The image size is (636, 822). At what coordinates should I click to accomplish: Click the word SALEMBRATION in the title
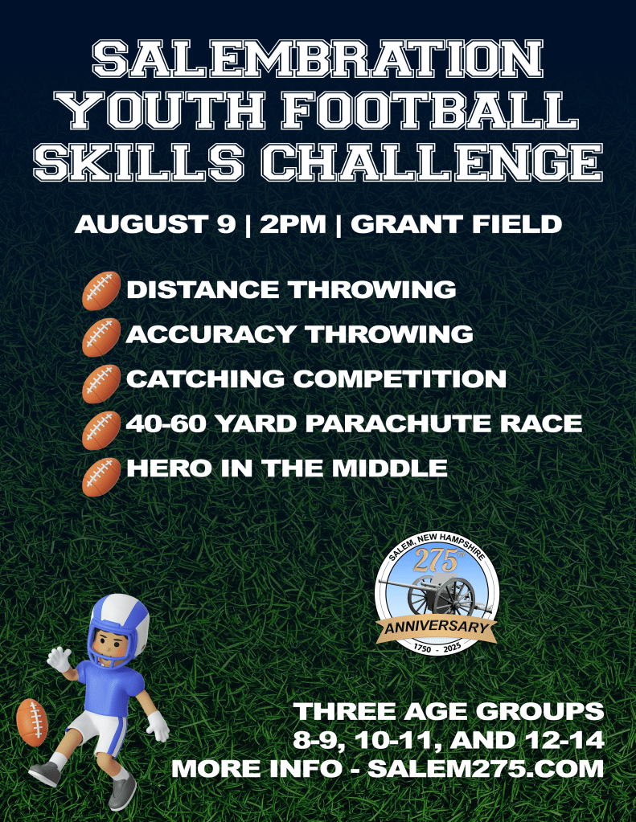(x=318, y=59)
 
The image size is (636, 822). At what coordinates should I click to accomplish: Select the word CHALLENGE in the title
(x=432, y=162)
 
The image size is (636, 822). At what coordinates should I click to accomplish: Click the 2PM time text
(x=293, y=224)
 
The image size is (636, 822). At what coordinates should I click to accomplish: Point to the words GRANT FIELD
(x=456, y=224)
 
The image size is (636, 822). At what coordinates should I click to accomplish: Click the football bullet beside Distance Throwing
(x=101, y=291)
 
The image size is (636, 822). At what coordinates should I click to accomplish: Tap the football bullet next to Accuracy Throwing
(x=101, y=337)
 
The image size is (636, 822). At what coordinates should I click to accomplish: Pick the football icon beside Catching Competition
(x=101, y=384)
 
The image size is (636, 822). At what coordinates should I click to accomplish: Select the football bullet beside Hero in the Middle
(x=101, y=477)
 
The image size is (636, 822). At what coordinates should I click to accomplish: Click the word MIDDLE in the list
(x=390, y=468)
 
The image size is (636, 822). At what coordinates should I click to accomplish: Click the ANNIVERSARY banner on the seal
(x=437, y=628)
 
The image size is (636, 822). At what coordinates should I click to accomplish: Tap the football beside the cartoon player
(x=32, y=722)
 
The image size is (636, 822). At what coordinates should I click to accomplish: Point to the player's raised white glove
(x=59, y=659)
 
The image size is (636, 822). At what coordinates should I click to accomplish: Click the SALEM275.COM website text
(x=486, y=768)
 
